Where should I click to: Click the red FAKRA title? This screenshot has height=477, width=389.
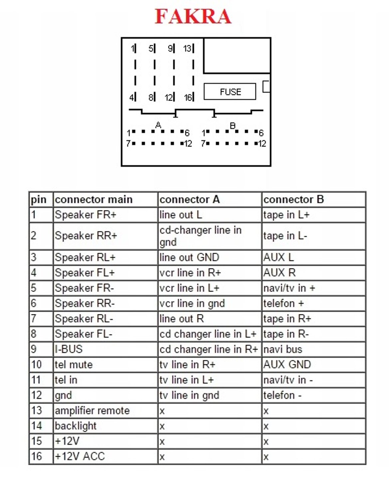tap(193, 16)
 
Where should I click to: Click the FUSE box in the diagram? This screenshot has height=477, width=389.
tap(230, 91)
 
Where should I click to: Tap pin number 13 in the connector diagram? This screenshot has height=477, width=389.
tap(187, 49)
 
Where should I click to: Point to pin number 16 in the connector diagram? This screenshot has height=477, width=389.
tap(188, 97)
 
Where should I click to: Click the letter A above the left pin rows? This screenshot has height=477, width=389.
tap(158, 125)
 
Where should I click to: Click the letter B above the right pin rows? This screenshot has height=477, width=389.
tap(233, 125)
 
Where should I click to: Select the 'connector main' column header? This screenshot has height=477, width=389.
tap(94, 199)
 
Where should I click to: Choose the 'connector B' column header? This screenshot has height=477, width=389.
tap(293, 199)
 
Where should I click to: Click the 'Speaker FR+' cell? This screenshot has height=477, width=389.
tap(86, 215)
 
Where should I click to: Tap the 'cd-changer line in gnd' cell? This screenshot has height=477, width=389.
tap(200, 236)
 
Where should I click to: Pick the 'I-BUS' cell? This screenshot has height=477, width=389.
tap(69, 349)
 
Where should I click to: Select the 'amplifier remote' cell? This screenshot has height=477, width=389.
tap(92, 410)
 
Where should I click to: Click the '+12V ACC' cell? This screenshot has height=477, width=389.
tap(80, 456)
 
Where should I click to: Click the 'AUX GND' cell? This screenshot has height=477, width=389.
tap(287, 364)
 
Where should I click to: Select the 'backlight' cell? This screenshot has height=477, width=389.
tap(76, 426)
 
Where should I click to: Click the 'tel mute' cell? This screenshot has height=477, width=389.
tap(74, 364)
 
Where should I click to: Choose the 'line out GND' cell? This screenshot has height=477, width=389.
tap(189, 257)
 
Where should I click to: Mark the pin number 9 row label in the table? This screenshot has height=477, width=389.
tap(34, 349)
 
